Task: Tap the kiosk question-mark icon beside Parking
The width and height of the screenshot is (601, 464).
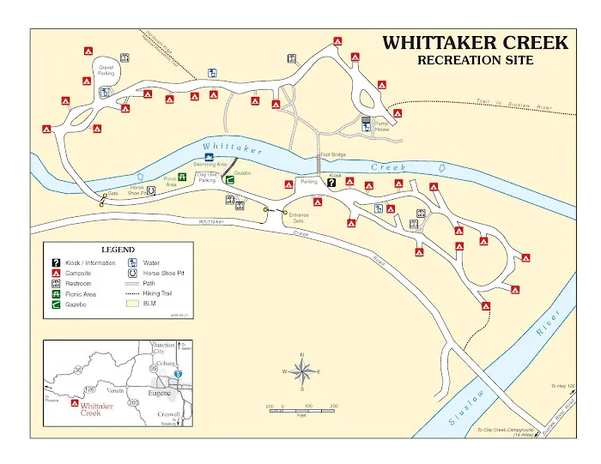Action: point(331,182)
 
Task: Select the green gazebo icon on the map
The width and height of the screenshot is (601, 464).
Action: point(229,181)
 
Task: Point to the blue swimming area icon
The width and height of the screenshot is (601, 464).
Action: point(221,157)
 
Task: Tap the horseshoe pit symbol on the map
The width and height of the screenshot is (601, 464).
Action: point(151,192)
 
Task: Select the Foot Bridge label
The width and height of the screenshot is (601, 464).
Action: point(332,155)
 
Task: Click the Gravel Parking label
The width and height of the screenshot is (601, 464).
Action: point(106,70)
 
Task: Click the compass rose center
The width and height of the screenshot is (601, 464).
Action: point(302,371)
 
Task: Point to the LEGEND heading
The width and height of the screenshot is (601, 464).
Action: point(118,250)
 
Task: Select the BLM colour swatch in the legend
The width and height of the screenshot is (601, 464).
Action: point(134,304)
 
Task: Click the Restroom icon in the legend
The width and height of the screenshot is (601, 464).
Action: point(56,283)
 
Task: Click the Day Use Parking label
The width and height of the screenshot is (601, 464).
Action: point(207,178)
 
